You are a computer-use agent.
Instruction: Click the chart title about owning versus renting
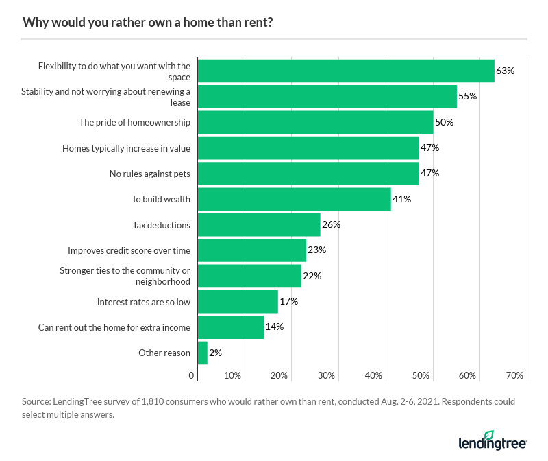click(148, 21)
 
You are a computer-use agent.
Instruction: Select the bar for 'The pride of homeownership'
click(315, 122)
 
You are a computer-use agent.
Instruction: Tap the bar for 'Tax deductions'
click(258, 224)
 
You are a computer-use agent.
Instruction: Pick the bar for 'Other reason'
click(202, 353)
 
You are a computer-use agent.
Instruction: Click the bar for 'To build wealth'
click(294, 199)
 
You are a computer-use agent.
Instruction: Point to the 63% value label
click(505, 71)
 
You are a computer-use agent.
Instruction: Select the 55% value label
click(467, 96)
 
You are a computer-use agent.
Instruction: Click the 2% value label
click(216, 353)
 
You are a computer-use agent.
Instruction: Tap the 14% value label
click(275, 327)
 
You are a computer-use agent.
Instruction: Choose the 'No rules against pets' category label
click(150, 174)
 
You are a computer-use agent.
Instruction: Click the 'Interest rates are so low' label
click(144, 301)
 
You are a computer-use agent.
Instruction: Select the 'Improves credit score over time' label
click(129, 250)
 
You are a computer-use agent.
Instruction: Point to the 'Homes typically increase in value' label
click(126, 147)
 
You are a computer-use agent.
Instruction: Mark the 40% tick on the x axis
click(373, 375)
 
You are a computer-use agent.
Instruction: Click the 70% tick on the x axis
click(514, 375)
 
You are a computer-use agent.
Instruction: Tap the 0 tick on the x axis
click(191, 375)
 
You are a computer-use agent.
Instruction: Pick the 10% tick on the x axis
click(232, 375)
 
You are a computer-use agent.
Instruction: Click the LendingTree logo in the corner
click(493, 440)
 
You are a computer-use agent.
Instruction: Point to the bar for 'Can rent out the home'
click(230, 327)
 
